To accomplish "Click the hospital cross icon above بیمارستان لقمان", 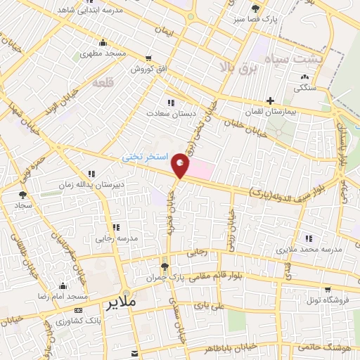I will click(x=270, y=101).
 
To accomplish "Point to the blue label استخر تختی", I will click(x=144, y=157).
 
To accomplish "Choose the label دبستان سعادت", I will click(x=165, y=112).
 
